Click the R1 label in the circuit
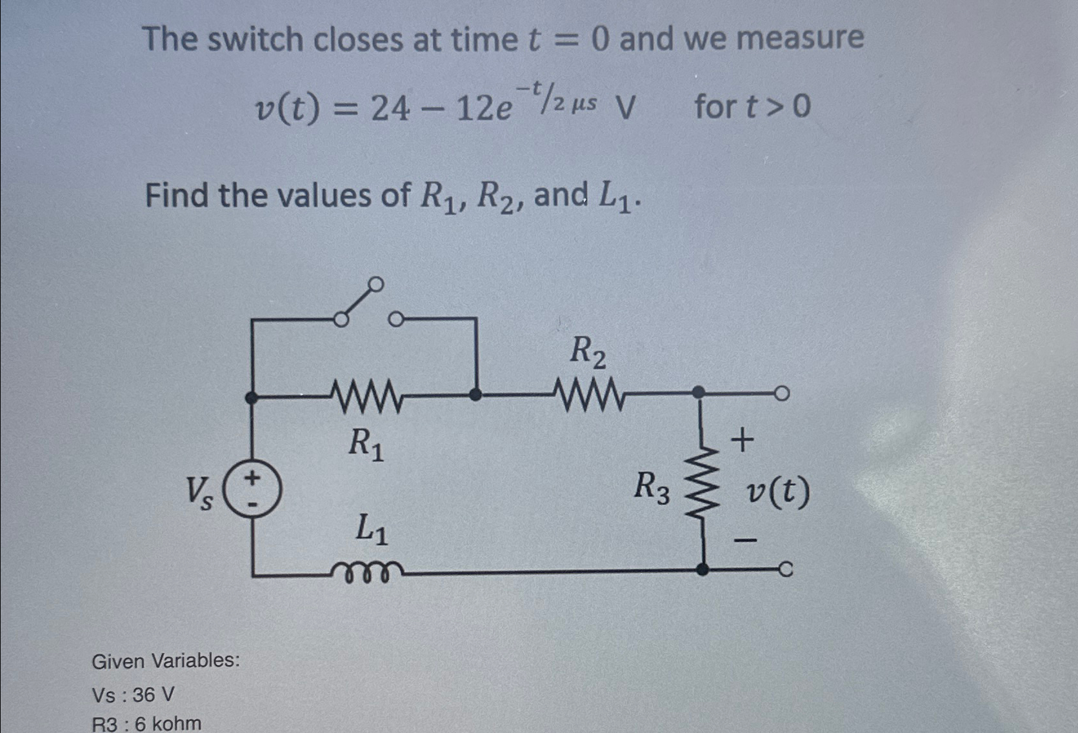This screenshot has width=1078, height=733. point(366,444)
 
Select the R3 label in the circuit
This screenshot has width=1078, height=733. point(652,487)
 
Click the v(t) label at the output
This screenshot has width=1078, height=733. point(777,493)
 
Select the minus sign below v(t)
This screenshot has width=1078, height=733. point(746,539)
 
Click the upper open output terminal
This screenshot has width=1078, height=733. point(781,394)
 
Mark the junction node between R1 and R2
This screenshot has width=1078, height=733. point(475,394)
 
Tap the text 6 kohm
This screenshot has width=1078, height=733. point(168,723)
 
